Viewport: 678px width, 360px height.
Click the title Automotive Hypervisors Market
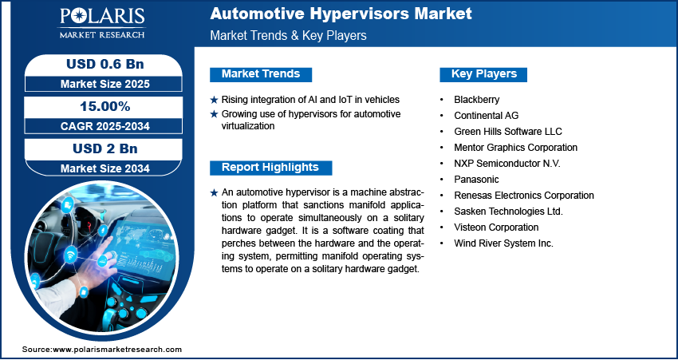tap(341, 14)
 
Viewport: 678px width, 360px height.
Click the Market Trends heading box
tap(261, 74)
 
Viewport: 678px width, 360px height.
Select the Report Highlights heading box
tap(270, 168)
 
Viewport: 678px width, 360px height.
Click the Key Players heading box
tap(483, 74)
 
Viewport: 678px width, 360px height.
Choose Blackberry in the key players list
tap(476, 100)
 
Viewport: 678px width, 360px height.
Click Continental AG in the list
tap(486, 116)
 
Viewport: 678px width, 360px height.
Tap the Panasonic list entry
tap(476, 180)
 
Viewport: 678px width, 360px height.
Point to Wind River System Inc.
tap(503, 243)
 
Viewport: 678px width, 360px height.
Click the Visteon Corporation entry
tap(495, 227)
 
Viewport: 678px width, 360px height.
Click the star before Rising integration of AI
tap(214, 100)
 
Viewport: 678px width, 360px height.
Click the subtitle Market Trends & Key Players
tap(288, 36)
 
